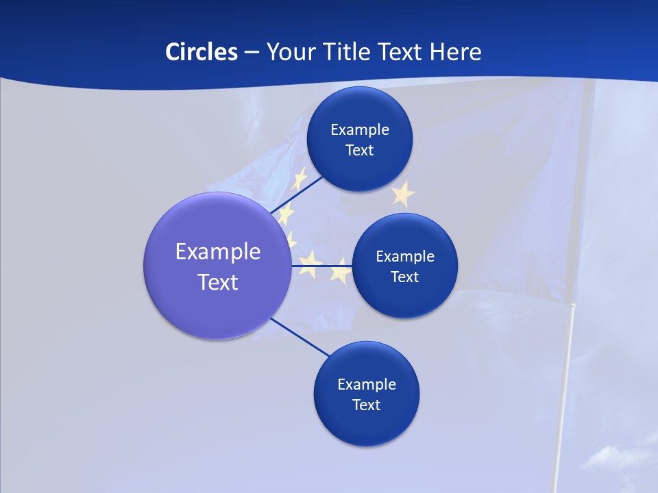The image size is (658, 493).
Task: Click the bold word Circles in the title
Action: pyautogui.click(x=201, y=51)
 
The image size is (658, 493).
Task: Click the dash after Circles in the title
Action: pyautogui.click(x=251, y=53)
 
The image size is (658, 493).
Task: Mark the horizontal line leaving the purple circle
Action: pyautogui.click(x=322, y=265)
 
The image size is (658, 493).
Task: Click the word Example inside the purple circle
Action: pyautogui.click(x=218, y=251)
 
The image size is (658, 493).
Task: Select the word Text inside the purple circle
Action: pyautogui.click(x=218, y=281)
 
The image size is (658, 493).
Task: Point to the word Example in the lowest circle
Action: pyautogui.click(x=366, y=384)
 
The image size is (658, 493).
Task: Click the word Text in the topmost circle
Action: pyautogui.click(x=359, y=150)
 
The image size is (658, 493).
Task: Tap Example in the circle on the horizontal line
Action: pyautogui.click(x=404, y=256)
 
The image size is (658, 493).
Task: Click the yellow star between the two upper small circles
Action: pyautogui.click(x=403, y=194)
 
